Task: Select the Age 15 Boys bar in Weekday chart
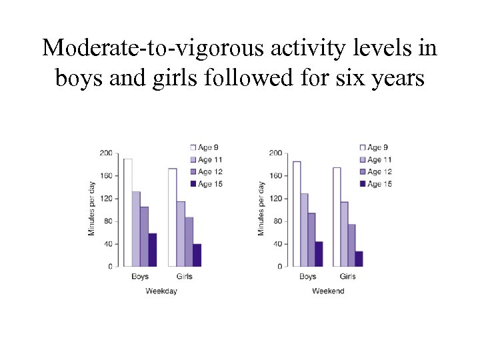point(152,250)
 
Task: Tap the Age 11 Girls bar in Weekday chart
point(181,234)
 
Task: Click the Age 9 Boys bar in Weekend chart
point(297,213)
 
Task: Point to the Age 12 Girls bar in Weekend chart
point(351,245)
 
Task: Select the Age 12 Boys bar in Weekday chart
point(144,237)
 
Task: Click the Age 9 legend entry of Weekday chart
point(206,147)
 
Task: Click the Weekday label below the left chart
point(161,291)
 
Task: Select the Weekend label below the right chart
point(328,291)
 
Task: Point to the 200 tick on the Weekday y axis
point(105,153)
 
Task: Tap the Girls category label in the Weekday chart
point(184,277)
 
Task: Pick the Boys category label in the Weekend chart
point(308,277)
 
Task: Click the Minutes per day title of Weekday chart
point(92,208)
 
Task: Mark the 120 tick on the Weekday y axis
point(105,199)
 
